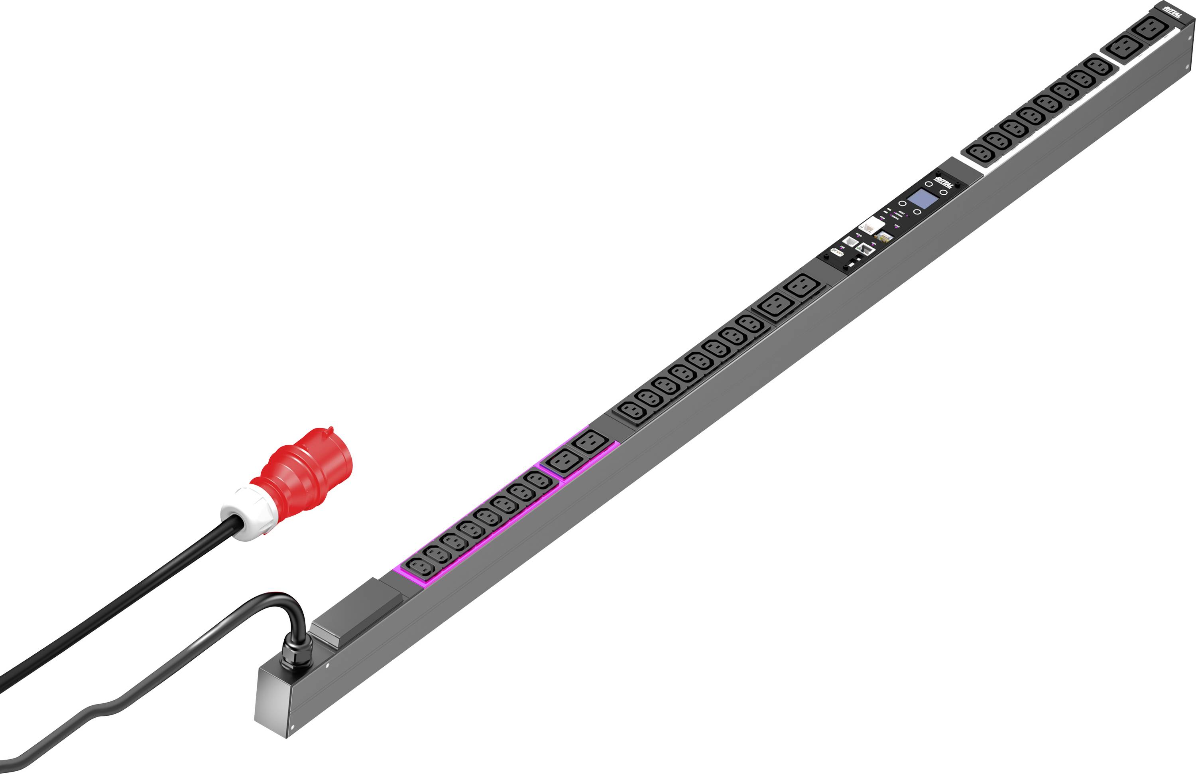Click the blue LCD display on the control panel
pyautogui.click(x=922, y=199)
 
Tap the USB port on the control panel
pyautogui.click(x=838, y=252)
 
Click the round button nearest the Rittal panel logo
pyautogui.click(x=929, y=184)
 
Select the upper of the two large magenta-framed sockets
pyautogui.click(x=590, y=443)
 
